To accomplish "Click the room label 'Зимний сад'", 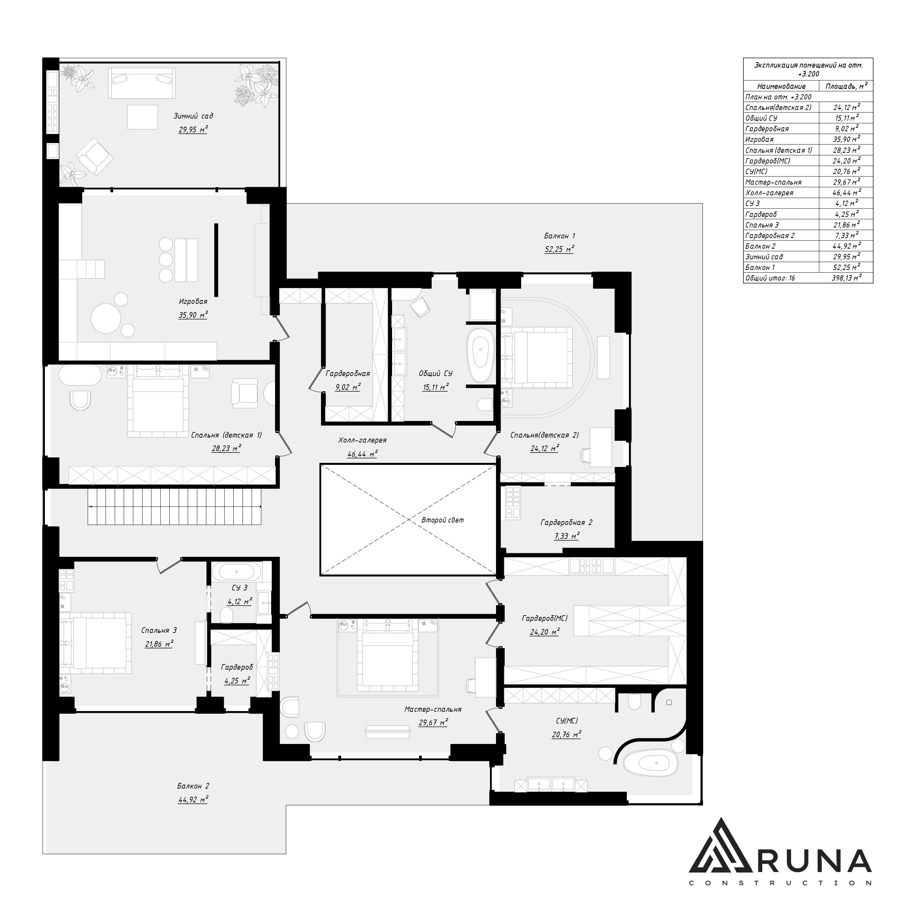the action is click(193, 116).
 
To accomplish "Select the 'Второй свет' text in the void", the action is click(443, 520).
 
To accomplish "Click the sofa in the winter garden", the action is click(141, 83).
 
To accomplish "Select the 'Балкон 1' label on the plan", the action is click(560, 236).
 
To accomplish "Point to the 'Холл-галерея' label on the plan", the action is click(362, 440).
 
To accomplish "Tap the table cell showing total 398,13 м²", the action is click(846, 278).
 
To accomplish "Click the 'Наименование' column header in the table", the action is click(781, 86).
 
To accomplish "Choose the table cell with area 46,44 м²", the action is click(846, 192).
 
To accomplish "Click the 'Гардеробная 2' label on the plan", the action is click(566, 523).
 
